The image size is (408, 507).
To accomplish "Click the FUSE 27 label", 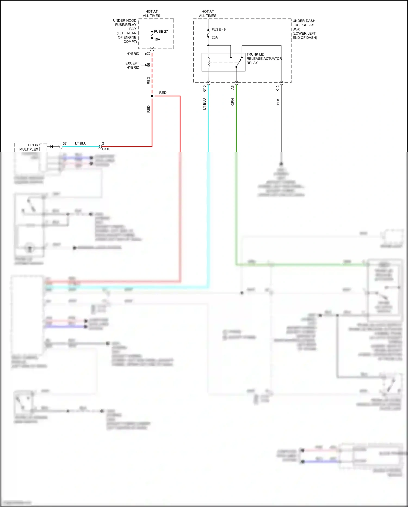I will click(161, 32).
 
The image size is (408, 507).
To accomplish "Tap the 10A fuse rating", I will click(157, 40).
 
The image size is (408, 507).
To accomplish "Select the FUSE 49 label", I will click(218, 29).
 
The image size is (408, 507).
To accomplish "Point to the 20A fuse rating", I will click(215, 37).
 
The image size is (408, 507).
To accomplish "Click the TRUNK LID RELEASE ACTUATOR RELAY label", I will click(264, 59).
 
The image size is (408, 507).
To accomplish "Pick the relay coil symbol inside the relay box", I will click(209, 62).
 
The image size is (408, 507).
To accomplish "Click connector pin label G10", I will click(205, 88).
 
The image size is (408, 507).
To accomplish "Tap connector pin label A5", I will click(233, 87).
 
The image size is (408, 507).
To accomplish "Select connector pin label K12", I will click(278, 88).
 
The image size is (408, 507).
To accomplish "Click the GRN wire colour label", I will click(233, 102).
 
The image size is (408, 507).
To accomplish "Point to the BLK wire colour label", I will click(278, 102).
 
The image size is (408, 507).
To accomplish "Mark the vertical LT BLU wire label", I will click(205, 104).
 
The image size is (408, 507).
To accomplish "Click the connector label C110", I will click(106, 149).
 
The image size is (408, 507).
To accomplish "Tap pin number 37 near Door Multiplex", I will click(65, 143).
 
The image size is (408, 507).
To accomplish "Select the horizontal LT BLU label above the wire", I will click(81, 143).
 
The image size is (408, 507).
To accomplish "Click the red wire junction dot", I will click(152, 96).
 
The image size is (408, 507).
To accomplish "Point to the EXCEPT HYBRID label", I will click(132, 65).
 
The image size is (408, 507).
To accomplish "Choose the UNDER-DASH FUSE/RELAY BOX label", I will click(304, 29).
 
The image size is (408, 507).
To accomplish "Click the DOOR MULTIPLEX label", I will click(29, 147).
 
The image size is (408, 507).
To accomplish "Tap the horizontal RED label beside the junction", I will click(163, 93).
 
